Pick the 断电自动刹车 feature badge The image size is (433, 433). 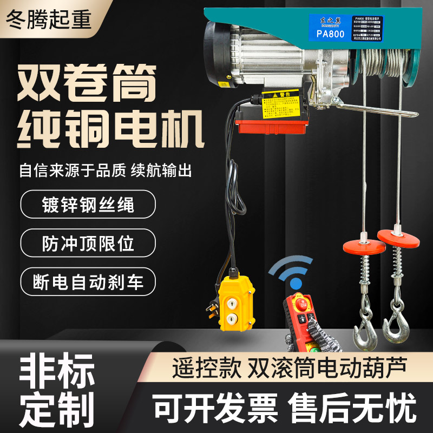pos(87,281)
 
